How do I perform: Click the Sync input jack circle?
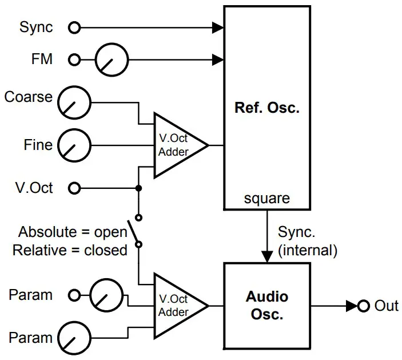click(x=74, y=27)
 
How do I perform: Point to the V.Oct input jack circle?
click(x=74, y=188)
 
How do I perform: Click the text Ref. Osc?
click(x=266, y=108)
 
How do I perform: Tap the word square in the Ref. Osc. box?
click(x=266, y=199)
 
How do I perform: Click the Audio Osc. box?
click(x=266, y=306)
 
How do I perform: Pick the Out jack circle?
click(x=363, y=306)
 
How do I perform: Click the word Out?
click(x=386, y=306)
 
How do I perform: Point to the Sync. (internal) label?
click(x=307, y=241)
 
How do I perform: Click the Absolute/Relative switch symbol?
click(x=135, y=231)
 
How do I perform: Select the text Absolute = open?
click(x=72, y=232)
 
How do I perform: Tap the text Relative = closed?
click(x=70, y=250)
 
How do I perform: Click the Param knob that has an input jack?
click(x=107, y=295)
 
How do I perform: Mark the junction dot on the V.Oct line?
click(x=138, y=188)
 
